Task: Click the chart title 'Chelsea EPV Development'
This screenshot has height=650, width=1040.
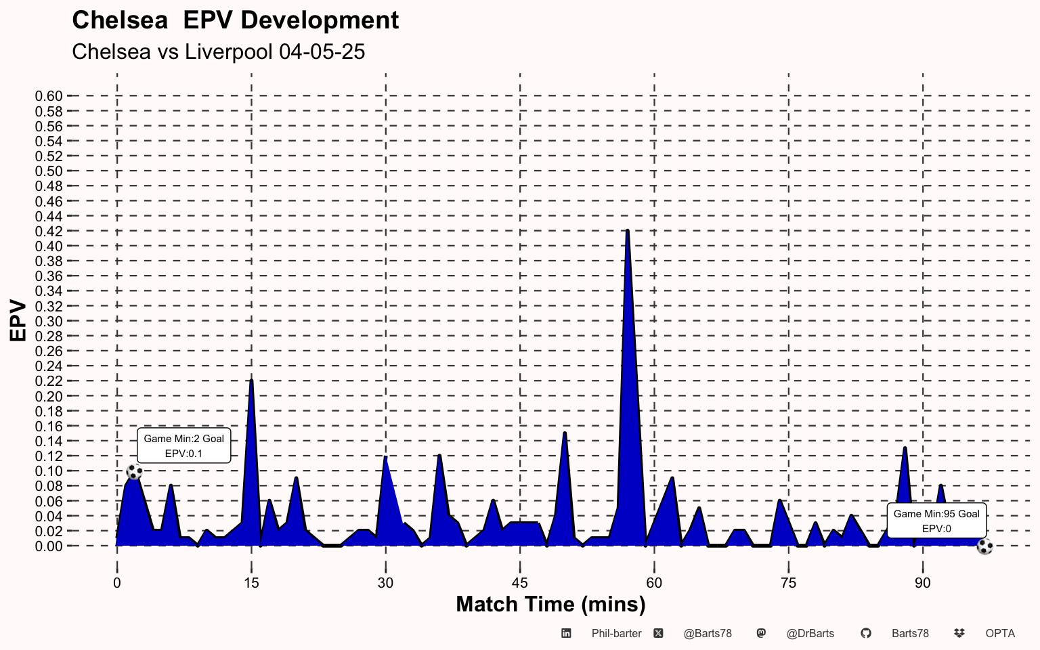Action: point(235,20)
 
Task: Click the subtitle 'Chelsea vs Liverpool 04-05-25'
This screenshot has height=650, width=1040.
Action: point(218,51)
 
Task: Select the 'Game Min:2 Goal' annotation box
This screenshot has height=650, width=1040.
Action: point(184,446)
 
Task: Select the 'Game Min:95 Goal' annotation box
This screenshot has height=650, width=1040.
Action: point(936,521)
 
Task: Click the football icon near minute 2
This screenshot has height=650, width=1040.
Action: point(135,472)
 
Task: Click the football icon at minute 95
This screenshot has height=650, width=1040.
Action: point(984,546)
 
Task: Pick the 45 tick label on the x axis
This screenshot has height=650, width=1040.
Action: point(520,583)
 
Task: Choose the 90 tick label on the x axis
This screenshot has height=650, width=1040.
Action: point(923,583)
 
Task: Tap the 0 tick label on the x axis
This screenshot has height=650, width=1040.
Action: point(117,583)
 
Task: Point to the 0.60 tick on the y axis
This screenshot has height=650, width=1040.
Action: point(49,96)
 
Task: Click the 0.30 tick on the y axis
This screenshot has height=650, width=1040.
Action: point(49,322)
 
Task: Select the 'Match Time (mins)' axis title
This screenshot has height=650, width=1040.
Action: point(550,604)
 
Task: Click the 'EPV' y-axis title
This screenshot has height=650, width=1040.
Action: point(18,321)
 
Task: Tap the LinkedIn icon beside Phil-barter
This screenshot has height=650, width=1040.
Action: point(566,634)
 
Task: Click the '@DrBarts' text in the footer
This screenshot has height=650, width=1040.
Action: point(810,634)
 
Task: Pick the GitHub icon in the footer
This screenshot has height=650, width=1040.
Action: point(865,634)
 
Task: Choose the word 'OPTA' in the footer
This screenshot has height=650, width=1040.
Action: point(1000,634)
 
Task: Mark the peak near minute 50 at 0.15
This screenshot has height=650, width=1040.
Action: point(565,433)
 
